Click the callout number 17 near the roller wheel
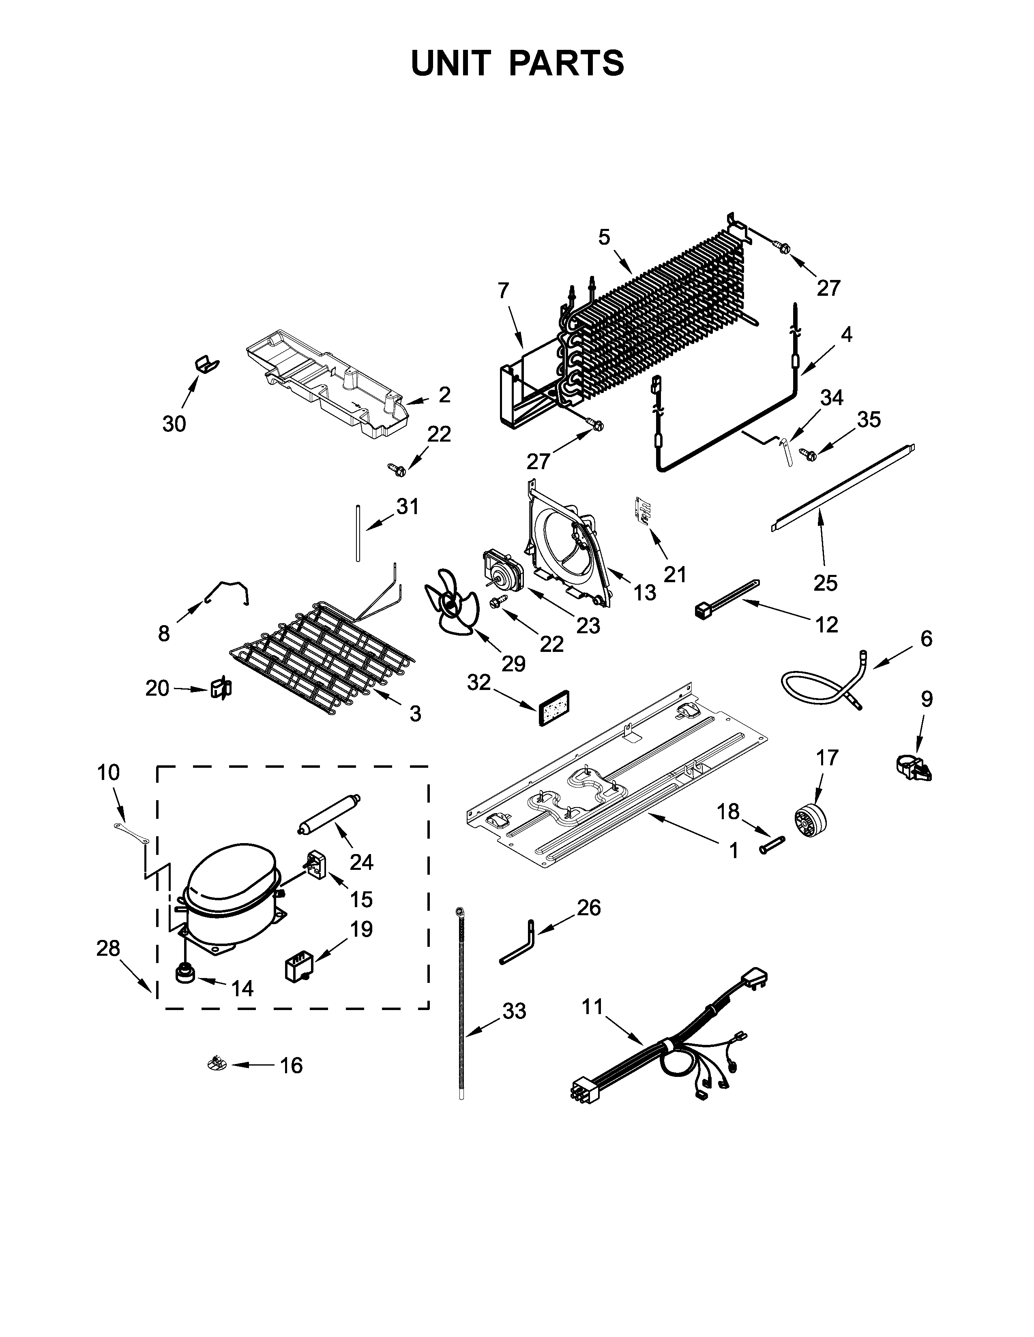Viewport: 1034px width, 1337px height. click(826, 758)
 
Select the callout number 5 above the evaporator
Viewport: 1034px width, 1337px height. click(604, 237)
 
